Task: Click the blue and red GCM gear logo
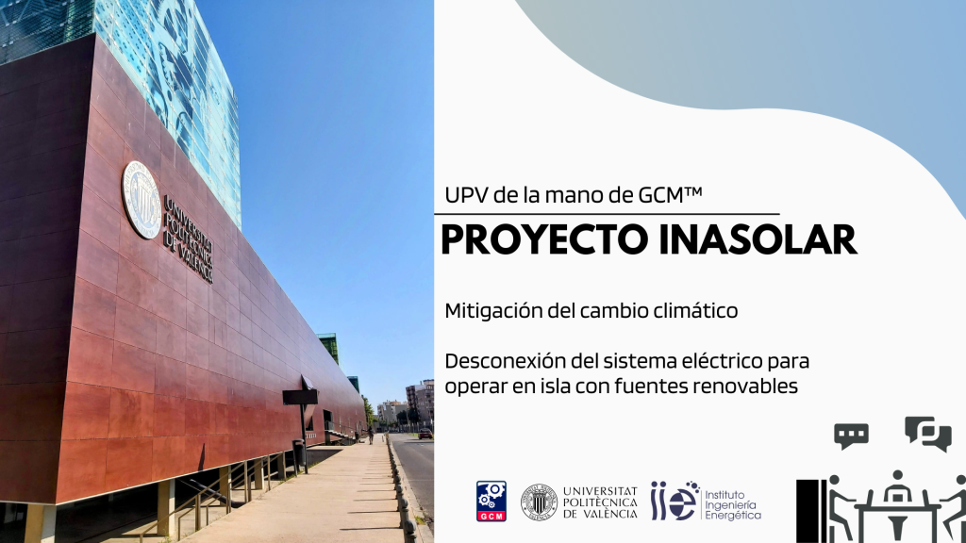(491, 502)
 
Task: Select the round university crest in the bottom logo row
(539, 502)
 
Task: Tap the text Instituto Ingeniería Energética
(732, 505)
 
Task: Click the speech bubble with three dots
(852, 436)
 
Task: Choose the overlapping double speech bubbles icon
(928, 434)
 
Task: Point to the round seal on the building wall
(142, 200)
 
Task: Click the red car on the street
(425, 434)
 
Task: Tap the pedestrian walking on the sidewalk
(370, 436)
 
